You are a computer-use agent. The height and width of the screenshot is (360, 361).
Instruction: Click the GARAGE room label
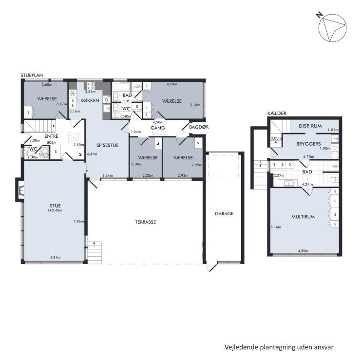point(224,213)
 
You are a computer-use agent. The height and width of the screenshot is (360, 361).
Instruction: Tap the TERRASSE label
point(146,222)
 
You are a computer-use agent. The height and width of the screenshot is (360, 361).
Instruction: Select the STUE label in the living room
point(55,206)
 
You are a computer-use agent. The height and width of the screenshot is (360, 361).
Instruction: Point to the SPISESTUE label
point(108,145)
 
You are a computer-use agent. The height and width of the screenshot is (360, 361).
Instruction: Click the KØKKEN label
point(90,100)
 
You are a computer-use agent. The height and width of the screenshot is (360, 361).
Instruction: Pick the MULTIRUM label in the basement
point(303,217)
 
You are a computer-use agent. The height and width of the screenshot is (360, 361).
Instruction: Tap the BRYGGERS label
point(308,144)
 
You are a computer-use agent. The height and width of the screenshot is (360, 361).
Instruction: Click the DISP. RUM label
point(310,126)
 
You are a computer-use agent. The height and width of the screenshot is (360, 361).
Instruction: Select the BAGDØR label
point(199,127)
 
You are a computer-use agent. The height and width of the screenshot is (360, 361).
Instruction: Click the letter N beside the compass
point(319,16)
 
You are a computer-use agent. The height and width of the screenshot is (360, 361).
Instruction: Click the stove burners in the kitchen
point(91,86)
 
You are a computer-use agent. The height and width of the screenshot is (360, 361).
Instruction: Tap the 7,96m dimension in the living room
point(78,222)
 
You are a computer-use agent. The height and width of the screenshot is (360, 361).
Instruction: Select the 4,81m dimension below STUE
point(55,257)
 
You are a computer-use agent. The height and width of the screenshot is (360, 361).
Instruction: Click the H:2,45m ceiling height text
point(55,210)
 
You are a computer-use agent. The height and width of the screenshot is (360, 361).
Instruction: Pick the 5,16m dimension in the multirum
point(276,227)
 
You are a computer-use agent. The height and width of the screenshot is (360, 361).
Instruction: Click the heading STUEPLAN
point(32,76)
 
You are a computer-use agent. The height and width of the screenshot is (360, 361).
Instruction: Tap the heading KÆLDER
point(277,113)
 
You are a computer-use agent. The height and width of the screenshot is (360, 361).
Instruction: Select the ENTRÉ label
point(51,136)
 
